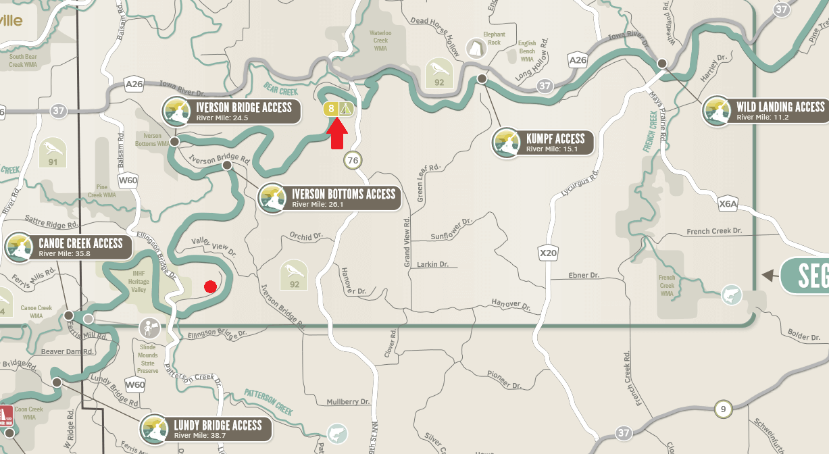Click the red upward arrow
pos(338,134)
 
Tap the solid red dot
pos(210,286)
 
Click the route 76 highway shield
pos(352,160)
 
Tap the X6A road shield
pos(728,203)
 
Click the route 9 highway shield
pos(723,409)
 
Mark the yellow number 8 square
pos(331,108)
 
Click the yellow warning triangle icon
pos(346,108)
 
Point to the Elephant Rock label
pos(493,39)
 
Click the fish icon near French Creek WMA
pos(731,295)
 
